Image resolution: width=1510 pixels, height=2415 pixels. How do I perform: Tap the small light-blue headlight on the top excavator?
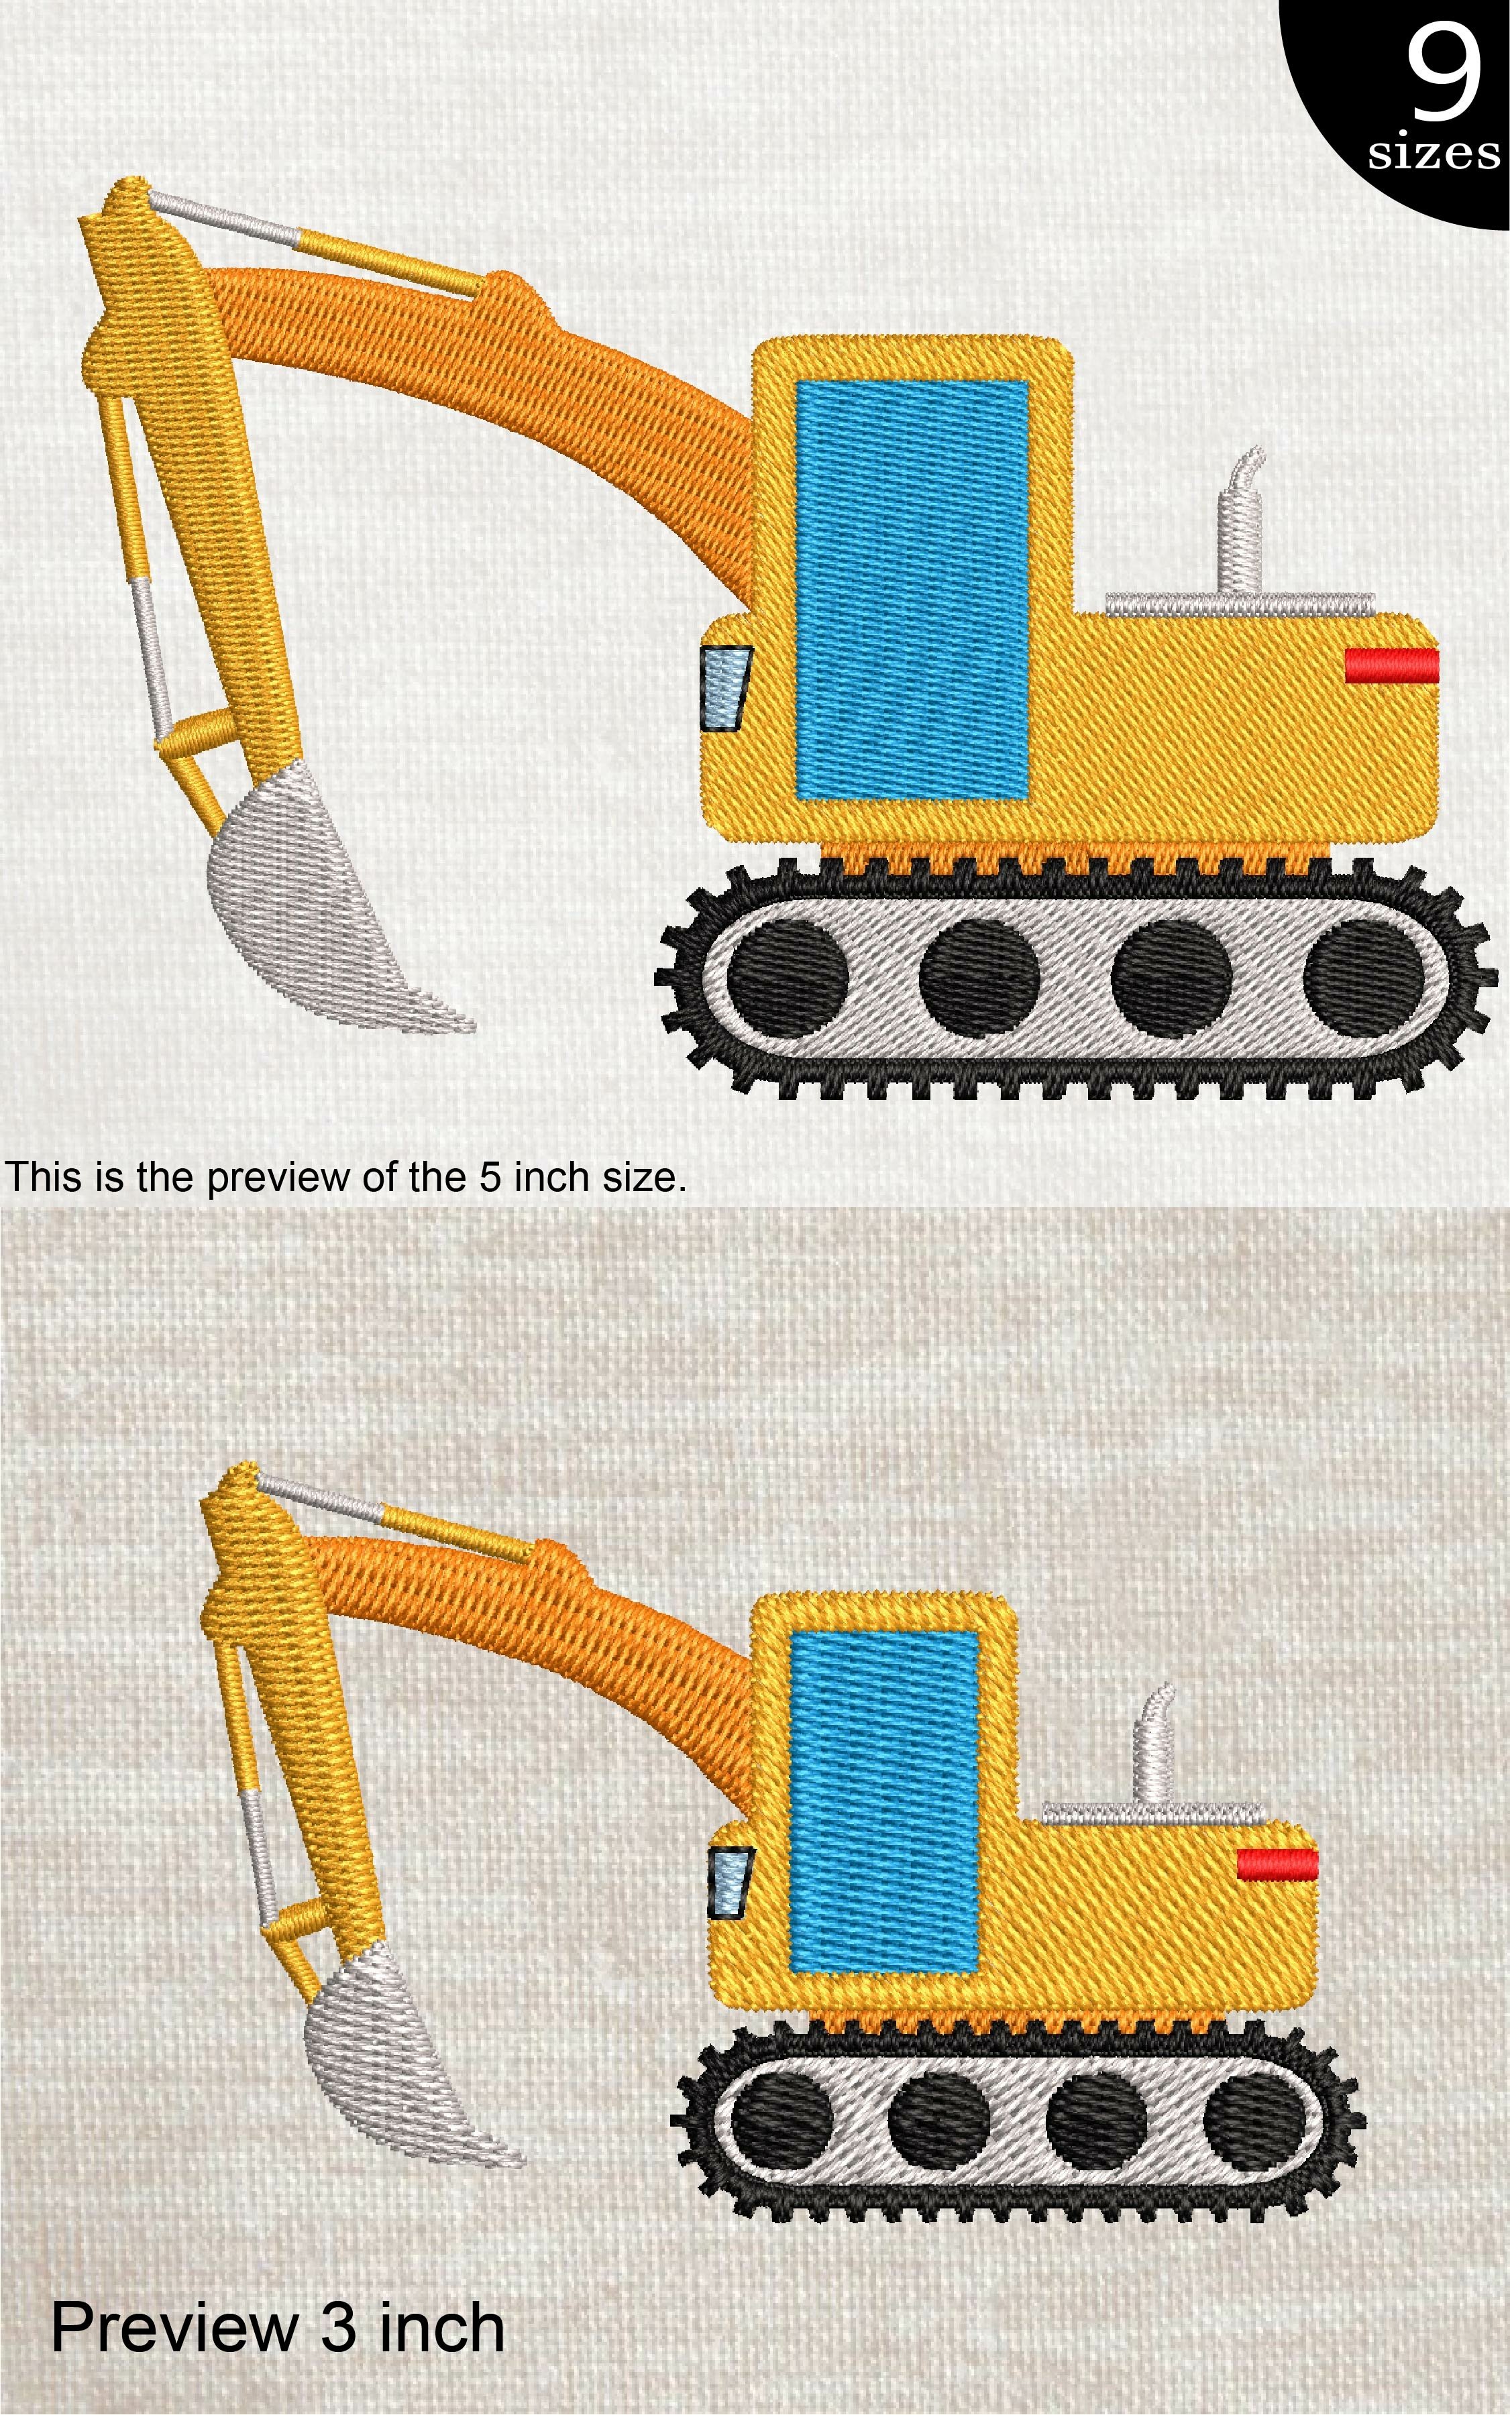725,688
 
